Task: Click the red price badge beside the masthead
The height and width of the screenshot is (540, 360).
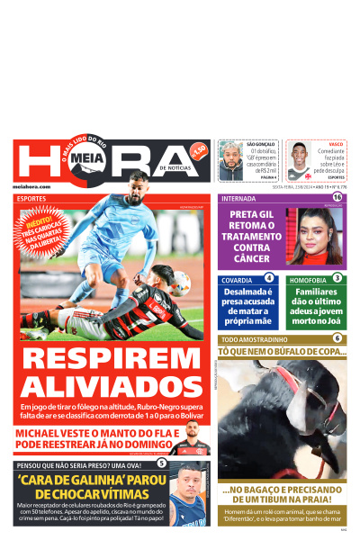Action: coord(199,148)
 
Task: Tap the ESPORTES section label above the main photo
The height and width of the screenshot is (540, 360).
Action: coord(31,198)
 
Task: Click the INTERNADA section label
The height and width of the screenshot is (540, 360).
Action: coord(238,198)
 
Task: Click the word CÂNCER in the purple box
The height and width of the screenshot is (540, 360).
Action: coord(251,259)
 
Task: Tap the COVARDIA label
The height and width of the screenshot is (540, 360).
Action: coord(237,280)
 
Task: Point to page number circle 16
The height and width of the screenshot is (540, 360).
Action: coord(337,197)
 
